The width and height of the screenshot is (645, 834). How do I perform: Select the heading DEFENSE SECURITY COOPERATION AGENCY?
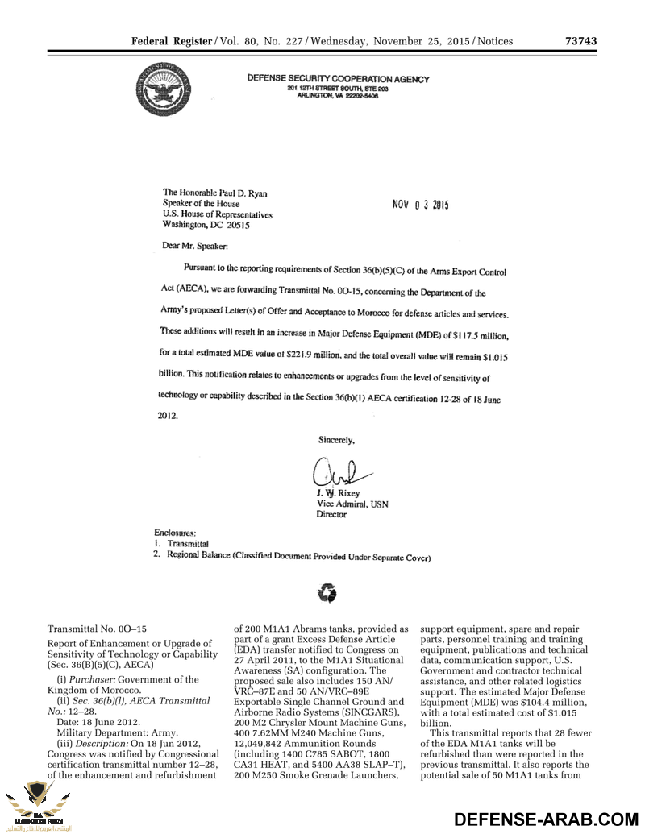coord(338,79)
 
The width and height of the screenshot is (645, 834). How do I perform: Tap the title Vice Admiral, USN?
coord(352,504)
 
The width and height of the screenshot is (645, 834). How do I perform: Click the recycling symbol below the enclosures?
coord(327,594)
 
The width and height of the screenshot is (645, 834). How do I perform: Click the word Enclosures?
coord(175,533)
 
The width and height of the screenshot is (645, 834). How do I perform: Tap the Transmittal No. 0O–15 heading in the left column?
coord(97,628)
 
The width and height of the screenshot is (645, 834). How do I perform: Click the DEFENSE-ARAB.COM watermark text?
coord(547,819)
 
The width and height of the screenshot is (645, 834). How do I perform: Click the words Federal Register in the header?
coord(170,41)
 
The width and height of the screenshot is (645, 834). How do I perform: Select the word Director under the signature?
coord(331,514)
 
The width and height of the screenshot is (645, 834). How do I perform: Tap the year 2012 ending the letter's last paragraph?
coord(166,417)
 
